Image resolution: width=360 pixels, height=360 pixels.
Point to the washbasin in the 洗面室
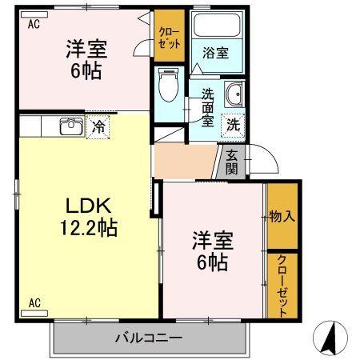(x=234, y=96)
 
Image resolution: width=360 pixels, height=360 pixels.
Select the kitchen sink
(x=70, y=126)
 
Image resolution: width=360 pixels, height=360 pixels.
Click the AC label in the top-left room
(x=34, y=25)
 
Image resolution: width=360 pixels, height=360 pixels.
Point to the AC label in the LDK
(x=35, y=302)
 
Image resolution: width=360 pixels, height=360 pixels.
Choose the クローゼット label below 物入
(x=282, y=284)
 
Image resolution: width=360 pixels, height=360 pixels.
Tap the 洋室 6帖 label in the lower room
(x=210, y=250)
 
